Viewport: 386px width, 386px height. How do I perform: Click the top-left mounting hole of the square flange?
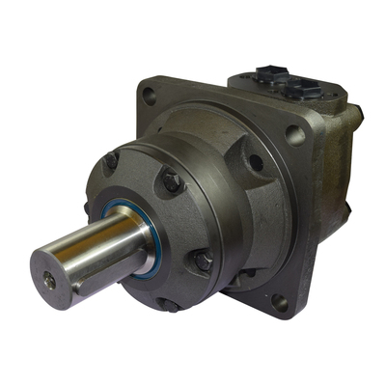[x=148, y=95]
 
